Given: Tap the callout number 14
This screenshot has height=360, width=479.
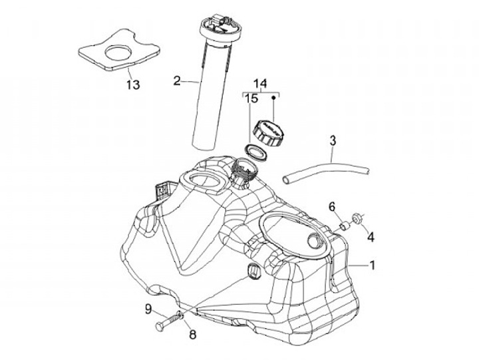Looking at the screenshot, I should [x=260, y=83].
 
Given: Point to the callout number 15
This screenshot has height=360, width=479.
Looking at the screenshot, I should [x=250, y=99].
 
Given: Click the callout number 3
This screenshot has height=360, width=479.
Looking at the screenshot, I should [x=333, y=140].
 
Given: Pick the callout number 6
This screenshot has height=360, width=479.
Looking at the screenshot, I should [x=331, y=207].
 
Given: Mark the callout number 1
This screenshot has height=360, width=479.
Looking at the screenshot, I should [x=373, y=265].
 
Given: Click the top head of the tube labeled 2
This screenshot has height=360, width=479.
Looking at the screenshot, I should [x=218, y=26].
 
